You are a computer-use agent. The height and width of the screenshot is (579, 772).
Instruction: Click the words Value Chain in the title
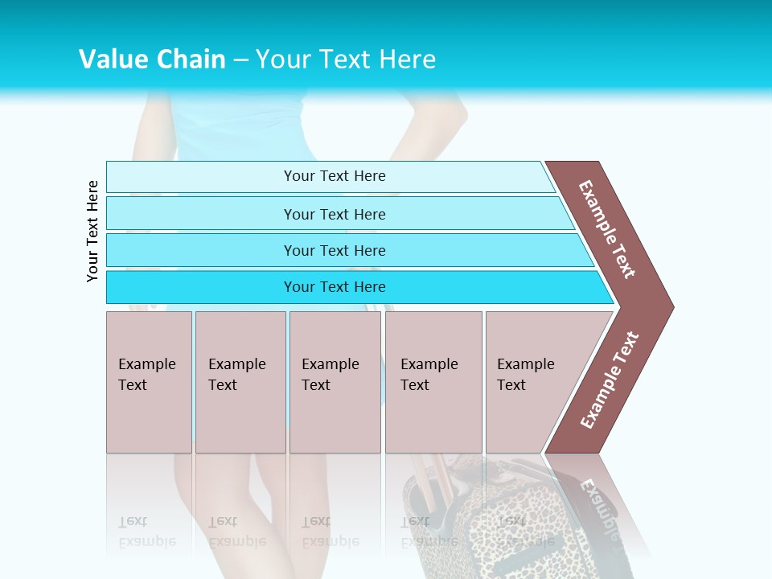coord(152,60)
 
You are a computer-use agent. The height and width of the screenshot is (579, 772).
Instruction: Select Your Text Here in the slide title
coord(346,60)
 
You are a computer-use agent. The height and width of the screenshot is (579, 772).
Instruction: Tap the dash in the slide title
coord(240,60)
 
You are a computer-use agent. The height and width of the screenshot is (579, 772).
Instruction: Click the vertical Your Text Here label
coord(92,232)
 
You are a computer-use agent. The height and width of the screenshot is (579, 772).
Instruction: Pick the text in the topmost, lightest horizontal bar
coord(335,176)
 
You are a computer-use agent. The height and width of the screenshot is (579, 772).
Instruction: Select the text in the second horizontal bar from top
coord(335,215)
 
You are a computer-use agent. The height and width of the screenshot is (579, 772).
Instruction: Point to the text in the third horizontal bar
coord(335,251)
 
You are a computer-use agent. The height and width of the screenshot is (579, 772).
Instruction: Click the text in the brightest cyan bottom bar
coord(335,287)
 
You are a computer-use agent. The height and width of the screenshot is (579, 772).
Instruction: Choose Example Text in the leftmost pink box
coord(146,375)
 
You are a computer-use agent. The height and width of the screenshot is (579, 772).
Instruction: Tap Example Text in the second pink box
coord(236,375)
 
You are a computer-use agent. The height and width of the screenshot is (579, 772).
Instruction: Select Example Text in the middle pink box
coord(330,375)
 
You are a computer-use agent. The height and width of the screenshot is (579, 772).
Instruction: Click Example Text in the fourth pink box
coord(429,375)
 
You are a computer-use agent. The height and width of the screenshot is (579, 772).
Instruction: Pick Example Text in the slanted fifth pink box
coord(525,375)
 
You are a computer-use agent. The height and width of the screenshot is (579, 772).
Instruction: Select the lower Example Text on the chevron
coord(610,380)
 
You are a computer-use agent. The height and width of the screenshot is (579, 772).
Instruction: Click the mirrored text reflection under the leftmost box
coord(146,532)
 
